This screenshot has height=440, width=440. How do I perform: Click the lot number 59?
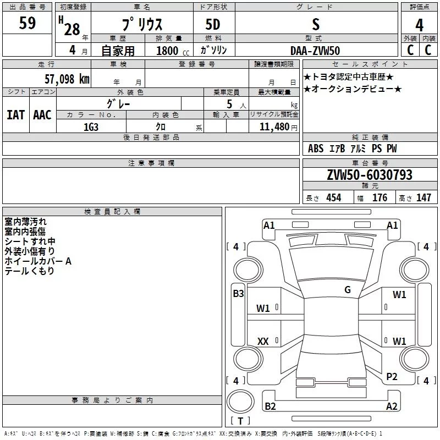(28, 23)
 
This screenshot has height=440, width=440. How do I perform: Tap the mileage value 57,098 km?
(67, 79)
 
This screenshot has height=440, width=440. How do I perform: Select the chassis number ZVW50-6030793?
(370, 175)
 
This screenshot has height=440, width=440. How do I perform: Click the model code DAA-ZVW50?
(315, 51)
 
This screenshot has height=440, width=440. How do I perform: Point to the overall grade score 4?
(419, 25)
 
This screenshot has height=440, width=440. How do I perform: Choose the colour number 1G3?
(91, 127)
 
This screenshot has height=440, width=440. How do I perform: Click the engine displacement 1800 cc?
(173, 51)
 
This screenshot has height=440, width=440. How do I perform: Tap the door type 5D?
(213, 24)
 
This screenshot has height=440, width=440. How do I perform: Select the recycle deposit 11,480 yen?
(278, 127)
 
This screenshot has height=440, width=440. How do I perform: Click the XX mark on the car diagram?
(263, 341)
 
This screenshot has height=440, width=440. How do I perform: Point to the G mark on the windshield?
(348, 290)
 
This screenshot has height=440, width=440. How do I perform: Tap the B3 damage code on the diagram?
(238, 294)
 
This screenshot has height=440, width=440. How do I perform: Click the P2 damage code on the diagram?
(392, 377)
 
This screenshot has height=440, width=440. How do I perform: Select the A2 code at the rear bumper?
(392, 406)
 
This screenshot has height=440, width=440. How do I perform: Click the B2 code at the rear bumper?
(270, 406)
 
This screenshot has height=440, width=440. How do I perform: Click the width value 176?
(380, 197)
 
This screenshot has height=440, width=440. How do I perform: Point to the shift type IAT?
(16, 115)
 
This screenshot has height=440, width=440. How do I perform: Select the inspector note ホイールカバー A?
(38, 261)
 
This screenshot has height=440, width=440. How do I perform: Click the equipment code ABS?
(316, 148)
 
